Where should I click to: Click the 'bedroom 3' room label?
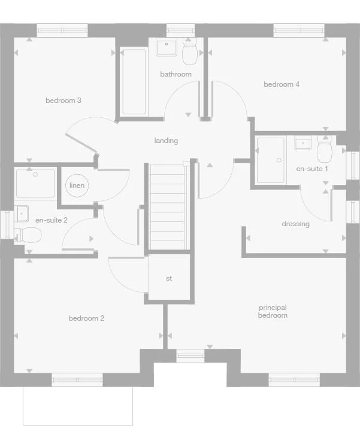(x=63, y=101)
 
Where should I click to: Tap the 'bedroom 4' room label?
(x=282, y=84)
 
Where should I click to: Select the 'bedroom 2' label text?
(x=86, y=318)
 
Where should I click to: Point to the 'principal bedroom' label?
(x=273, y=311)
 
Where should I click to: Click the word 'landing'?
(x=166, y=141)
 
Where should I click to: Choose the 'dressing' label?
(x=295, y=224)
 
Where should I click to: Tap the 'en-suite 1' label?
(x=312, y=169)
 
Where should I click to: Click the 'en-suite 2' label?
(x=52, y=220)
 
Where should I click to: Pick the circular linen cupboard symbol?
(x=77, y=185)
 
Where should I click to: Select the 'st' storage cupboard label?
(x=169, y=278)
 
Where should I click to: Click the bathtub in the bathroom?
(x=134, y=81)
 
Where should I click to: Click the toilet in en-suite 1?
(x=325, y=151)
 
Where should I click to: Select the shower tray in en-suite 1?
(x=270, y=160)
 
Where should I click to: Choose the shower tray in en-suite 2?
(x=35, y=182)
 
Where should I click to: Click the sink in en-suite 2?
(x=22, y=213)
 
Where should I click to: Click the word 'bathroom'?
(x=176, y=74)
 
